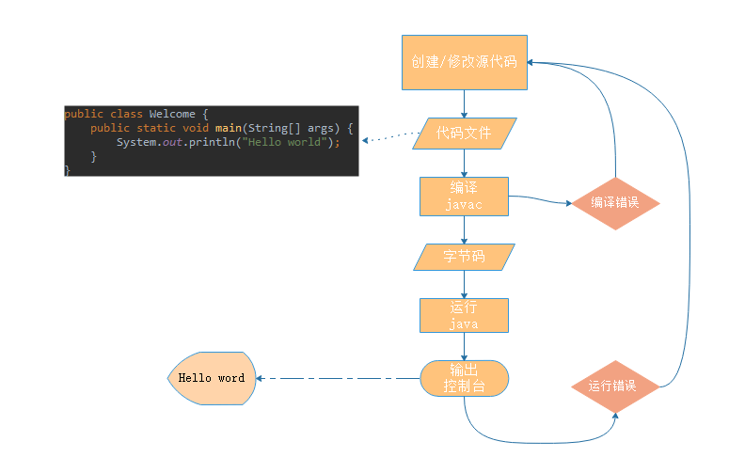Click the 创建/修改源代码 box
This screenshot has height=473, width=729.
pyautogui.click(x=464, y=62)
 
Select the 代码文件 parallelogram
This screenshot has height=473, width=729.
pyautogui.click(x=464, y=134)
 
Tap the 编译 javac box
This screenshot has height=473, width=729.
pyautogui.click(x=464, y=197)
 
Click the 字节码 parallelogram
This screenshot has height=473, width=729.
pyautogui.click(x=464, y=257)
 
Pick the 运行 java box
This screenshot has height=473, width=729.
pyautogui.click(x=464, y=315)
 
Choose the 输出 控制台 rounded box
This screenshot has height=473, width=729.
pyautogui.click(x=464, y=378)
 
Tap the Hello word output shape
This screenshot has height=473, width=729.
pyautogui.click(x=212, y=378)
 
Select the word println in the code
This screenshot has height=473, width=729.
pyautogui.click(x=212, y=142)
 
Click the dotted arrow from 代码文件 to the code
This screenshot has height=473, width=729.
pyautogui.click(x=390, y=139)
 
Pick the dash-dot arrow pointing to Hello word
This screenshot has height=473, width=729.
pyautogui.click(x=339, y=379)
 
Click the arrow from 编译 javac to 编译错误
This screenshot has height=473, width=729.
pyautogui.click(x=541, y=200)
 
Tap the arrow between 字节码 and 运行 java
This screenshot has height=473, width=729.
pyautogui.click(x=464, y=284)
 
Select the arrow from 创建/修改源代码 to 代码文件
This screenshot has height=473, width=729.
pyautogui.click(x=464, y=103)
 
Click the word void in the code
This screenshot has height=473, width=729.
pyautogui.click(x=197, y=128)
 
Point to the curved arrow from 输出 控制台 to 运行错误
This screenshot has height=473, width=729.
pyautogui.click(x=536, y=442)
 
